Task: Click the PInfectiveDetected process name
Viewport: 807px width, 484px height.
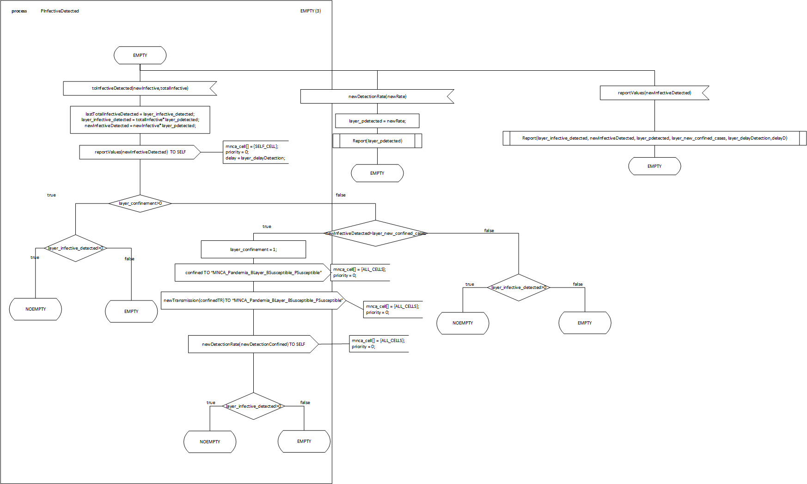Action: [x=60, y=11]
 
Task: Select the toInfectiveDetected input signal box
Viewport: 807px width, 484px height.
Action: [x=140, y=88]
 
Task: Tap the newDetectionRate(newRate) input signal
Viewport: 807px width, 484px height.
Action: [x=377, y=97]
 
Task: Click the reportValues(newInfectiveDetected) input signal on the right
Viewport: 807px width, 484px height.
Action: [x=654, y=93]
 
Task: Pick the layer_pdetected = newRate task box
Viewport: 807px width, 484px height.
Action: [x=377, y=121]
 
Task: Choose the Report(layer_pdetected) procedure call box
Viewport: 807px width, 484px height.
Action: [x=377, y=141]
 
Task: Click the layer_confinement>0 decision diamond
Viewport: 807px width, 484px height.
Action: [x=140, y=203]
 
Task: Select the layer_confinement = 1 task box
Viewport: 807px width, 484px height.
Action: [x=253, y=250]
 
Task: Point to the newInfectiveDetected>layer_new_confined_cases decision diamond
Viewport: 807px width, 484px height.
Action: [x=375, y=233]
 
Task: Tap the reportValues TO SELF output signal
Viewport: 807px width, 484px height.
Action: [x=140, y=152]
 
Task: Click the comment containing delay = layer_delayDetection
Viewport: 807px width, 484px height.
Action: [x=255, y=153]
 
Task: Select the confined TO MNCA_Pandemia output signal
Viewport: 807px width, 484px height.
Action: [x=253, y=273]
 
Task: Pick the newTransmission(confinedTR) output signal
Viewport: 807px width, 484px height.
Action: [x=253, y=300]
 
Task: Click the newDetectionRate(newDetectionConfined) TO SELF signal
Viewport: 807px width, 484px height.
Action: [x=253, y=344]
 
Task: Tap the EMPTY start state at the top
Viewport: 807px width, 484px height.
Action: [x=140, y=55]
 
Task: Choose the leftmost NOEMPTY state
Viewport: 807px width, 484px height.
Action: [x=36, y=309]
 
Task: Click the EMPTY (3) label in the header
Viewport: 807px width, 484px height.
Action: [x=310, y=11]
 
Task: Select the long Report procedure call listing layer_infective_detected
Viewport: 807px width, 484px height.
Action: [x=654, y=138]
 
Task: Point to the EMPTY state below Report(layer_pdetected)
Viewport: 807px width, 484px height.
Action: [x=377, y=173]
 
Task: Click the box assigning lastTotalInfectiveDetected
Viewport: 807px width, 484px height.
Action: [x=140, y=120]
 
